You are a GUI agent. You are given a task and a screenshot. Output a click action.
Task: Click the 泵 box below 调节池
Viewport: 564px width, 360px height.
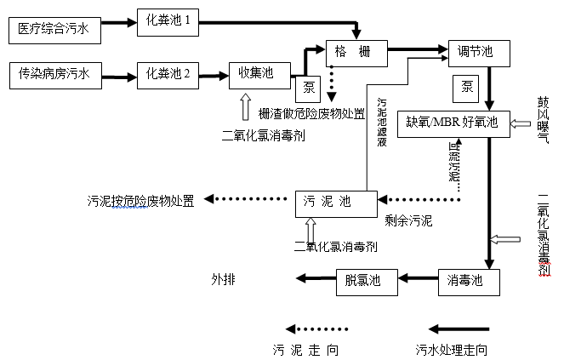point(465,87)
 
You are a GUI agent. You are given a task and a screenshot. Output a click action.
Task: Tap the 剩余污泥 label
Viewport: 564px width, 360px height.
point(408,221)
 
